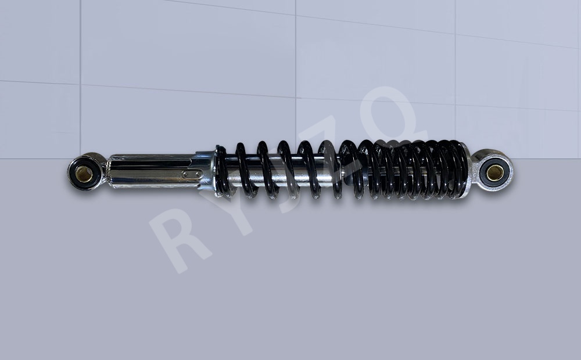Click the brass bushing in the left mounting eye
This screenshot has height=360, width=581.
84,174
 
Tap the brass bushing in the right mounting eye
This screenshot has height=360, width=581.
495,172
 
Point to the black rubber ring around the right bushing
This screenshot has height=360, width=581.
495,172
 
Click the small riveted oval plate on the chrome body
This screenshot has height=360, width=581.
192,174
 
